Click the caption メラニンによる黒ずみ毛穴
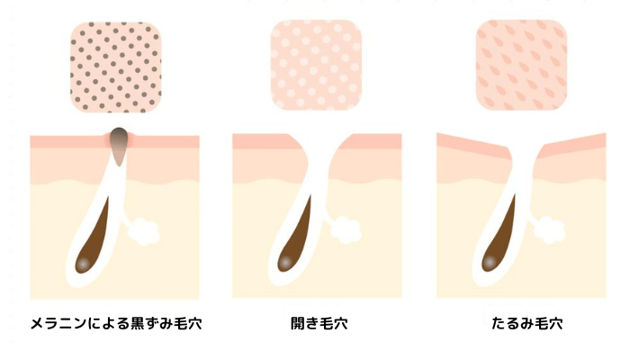[x=116, y=323]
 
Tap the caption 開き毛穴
[x=319, y=323]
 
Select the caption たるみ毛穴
[x=526, y=323]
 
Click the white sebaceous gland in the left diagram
[x=143, y=232]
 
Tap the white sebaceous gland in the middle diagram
[x=346, y=230]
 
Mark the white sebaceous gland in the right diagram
[x=549, y=229]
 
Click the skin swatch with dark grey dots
[x=116, y=67]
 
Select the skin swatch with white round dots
[x=316, y=65]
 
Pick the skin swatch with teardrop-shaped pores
[x=521, y=65]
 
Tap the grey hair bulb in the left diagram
[x=83, y=264]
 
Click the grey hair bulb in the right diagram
[x=490, y=262]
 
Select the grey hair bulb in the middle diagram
[x=285, y=262]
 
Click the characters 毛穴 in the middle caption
[x=334, y=323]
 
